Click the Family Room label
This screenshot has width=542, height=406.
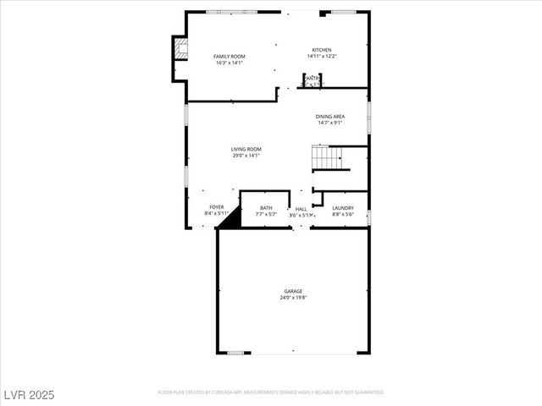coord(230,56)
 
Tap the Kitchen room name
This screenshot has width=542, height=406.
coord(321,51)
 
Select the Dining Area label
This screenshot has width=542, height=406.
coord(329,117)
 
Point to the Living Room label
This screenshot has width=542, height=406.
coord(246,150)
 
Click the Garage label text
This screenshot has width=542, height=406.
coord(293,292)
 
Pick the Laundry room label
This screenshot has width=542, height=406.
coord(343,208)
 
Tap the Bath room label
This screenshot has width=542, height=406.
coord(266,208)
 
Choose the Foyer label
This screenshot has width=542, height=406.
coord(217,207)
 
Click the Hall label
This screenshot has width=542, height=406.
coord(301,209)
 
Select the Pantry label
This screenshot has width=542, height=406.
coord(312,78)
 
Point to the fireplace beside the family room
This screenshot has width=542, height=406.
coord(179,50)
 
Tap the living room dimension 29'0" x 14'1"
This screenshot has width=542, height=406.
coord(246,156)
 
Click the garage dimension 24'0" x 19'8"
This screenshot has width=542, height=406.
coord(293,298)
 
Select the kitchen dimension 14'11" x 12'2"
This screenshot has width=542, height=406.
coord(321,57)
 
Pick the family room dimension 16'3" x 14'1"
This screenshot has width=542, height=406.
coord(230,62)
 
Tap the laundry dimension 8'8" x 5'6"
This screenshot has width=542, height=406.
coord(343,214)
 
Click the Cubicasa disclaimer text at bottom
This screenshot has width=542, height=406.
coord(271,392)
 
